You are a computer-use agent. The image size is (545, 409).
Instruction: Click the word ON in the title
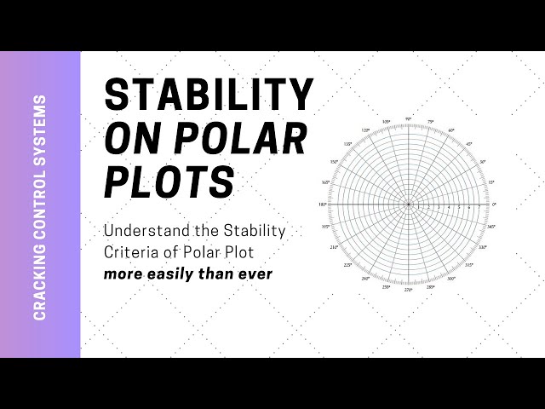click(129, 138)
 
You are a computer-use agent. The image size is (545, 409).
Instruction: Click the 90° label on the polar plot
click(409, 119)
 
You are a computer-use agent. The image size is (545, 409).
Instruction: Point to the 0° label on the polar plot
click(494, 205)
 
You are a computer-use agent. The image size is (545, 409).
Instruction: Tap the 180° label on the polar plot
click(323, 205)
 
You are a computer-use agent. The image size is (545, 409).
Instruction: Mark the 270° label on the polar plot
click(409, 291)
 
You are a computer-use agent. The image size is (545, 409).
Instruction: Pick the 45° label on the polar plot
click(469, 144)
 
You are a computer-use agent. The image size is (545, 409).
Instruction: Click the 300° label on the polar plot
click(451, 279)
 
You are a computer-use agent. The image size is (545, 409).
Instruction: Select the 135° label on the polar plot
click(347, 144)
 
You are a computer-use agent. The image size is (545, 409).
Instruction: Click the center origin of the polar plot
click(409, 205)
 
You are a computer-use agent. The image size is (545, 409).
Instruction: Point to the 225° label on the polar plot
click(347, 266)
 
